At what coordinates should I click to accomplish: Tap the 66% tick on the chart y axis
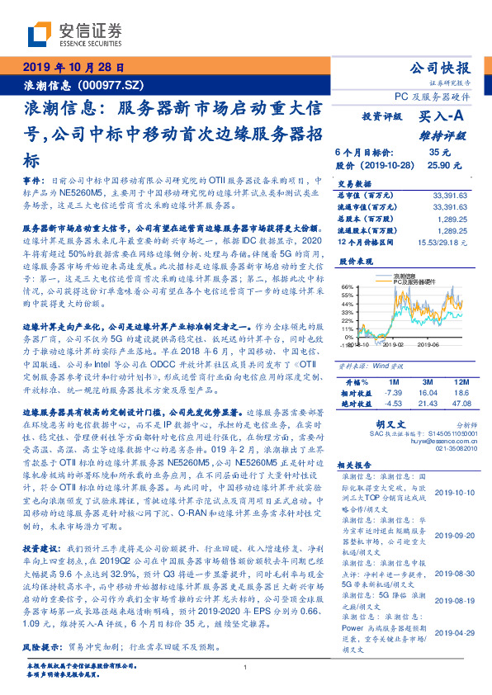pyautogui.click(x=347, y=286)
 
